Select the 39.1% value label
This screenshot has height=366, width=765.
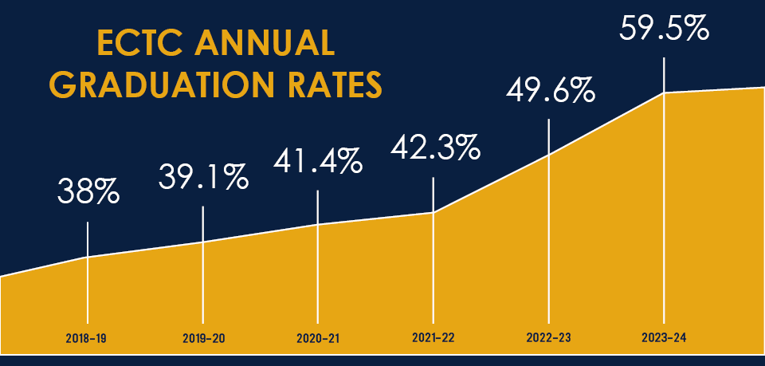[x=202, y=177]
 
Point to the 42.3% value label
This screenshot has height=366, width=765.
[x=433, y=148]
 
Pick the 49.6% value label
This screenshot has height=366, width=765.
[x=550, y=90]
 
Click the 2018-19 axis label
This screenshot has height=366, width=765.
[x=86, y=338]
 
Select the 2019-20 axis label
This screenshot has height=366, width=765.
[x=202, y=338]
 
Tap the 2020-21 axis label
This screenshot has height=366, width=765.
[x=317, y=338]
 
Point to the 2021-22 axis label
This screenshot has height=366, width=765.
[x=433, y=338]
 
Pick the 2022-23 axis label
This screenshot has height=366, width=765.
[x=548, y=338]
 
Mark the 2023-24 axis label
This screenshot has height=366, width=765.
[x=664, y=338]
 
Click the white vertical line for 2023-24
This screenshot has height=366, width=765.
[x=665, y=199]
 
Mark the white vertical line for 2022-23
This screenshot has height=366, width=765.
[x=549, y=223]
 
